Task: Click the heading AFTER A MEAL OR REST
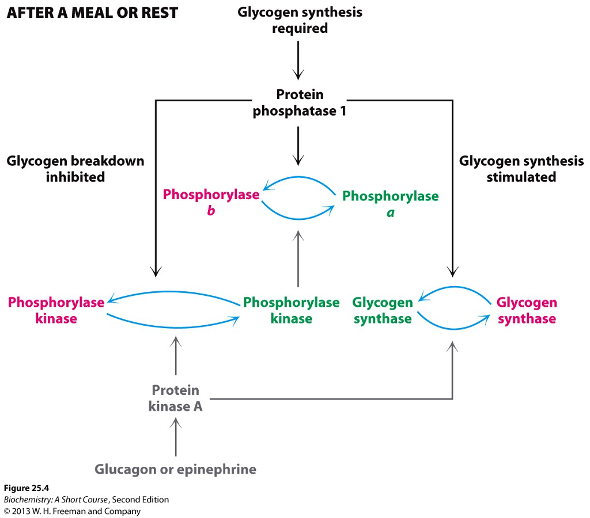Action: point(92,13)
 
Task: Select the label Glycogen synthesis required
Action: point(300,20)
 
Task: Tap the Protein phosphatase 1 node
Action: point(300,102)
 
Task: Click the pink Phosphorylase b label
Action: point(211,203)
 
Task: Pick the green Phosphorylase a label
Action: point(390,204)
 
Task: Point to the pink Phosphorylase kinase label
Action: point(56,310)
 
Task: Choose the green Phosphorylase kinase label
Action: point(291,310)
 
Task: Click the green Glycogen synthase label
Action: point(383,310)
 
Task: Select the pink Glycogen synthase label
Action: point(527,310)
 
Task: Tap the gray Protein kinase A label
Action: point(175,398)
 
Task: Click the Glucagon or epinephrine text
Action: point(175,469)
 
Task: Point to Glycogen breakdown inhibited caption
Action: point(75,169)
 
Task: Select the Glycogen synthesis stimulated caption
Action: point(521,169)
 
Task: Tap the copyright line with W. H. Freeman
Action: point(72,511)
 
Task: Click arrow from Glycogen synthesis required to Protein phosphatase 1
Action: point(298,60)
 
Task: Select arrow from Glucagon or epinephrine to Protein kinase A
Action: point(176,437)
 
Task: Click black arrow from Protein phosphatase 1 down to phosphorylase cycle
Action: point(298,145)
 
